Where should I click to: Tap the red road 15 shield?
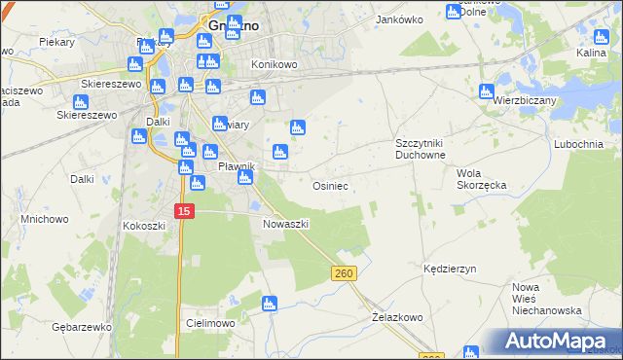coord(185,211)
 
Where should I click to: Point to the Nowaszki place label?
coord(285,224)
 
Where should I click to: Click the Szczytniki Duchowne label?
coord(420,149)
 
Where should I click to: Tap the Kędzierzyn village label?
coord(449,267)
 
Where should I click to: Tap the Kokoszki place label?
coord(144,226)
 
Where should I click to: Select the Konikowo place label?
coord(274,64)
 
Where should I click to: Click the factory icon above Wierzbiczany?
coord(487,92)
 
